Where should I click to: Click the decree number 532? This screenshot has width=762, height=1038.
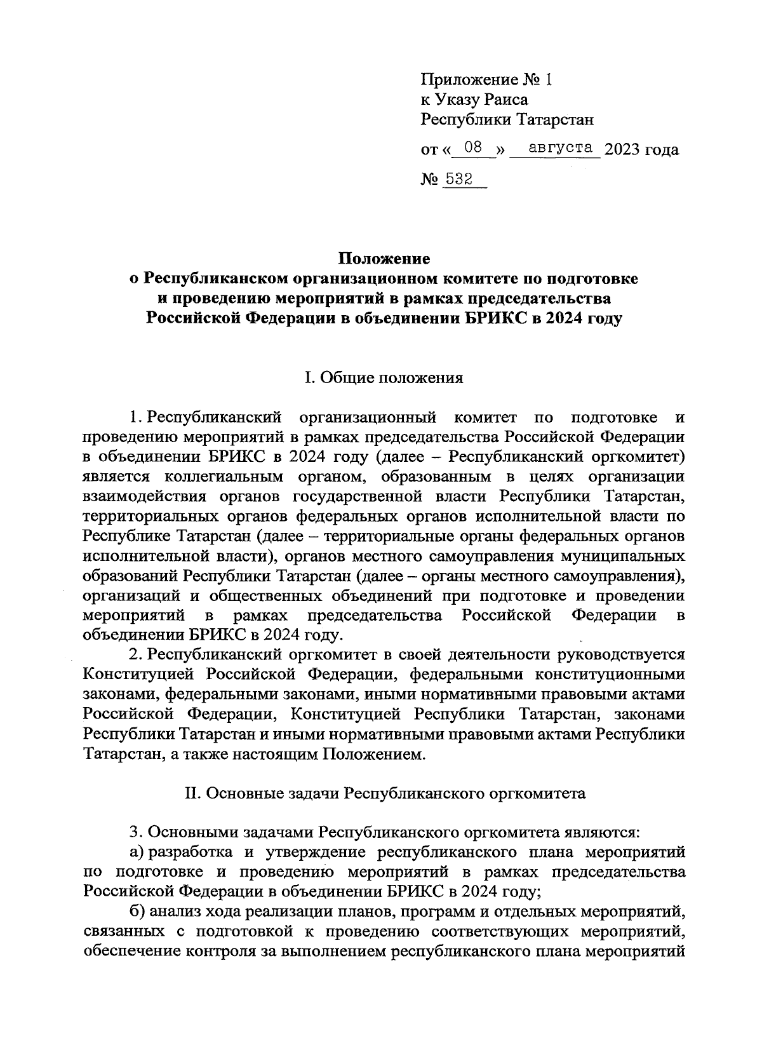click(x=458, y=180)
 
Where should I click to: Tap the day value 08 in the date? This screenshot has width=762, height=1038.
click(x=474, y=148)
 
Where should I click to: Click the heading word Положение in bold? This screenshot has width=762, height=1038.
click(x=384, y=259)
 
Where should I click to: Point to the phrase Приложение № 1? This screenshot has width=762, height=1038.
click(x=486, y=80)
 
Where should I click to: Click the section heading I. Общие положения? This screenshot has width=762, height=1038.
click(x=384, y=379)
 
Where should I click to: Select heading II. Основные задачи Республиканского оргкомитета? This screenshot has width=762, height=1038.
click(x=384, y=793)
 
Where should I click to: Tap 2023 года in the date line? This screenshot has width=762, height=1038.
click(x=641, y=150)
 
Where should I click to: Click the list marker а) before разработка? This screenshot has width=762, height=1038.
click(x=137, y=852)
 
